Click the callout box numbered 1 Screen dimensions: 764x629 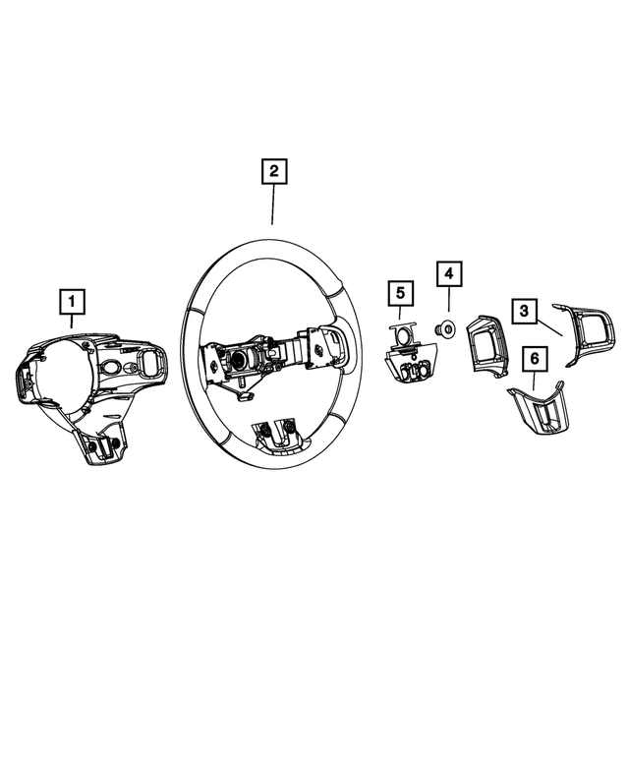pyautogui.click(x=72, y=301)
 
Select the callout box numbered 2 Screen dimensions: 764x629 pyautogui.click(x=273, y=172)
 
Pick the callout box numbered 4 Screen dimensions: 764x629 pyautogui.click(x=447, y=273)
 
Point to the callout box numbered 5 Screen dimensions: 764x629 pyautogui.click(x=400, y=292)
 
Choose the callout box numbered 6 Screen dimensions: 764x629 pyautogui.click(x=534, y=360)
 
